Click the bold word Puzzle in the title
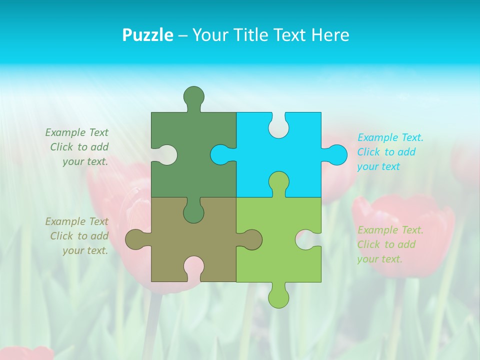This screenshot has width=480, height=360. tap(147, 35)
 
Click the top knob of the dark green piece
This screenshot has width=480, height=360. tap(193, 96)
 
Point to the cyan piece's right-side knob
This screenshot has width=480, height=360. tap(336, 154)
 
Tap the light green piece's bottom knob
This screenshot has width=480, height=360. tap(278, 296)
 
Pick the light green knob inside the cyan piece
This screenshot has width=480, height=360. tap(278, 181)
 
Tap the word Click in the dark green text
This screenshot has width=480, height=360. tap(62, 147)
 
